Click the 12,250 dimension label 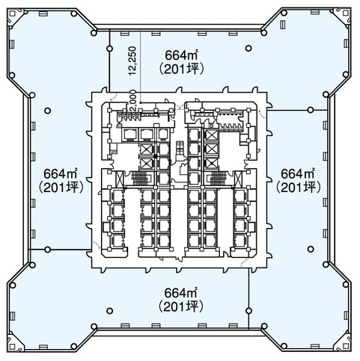pyautogui.click(x=132, y=61)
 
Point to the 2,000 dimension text pyautogui.click(x=132, y=100)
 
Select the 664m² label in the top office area pyautogui.click(x=182, y=55)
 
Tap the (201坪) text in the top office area pyautogui.click(x=182, y=69)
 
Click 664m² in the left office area pyautogui.click(x=61, y=173)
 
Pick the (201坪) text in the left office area pyautogui.click(x=61, y=188)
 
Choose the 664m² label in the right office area pyautogui.click(x=298, y=173)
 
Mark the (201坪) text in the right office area pyautogui.click(x=298, y=188)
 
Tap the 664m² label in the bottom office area pyautogui.click(x=181, y=293)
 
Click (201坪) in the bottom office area pyautogui.click(x=181, y=306)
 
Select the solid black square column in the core pyautogui.click(x=156, y=156)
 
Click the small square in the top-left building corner pyautogui.click(x=12, y=13)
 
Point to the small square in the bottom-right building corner pyautogui.click(x=346, y=346)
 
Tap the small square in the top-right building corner pyautogui.click(x=346, y=13)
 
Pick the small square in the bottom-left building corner pyautogui.click(x=12, y=346)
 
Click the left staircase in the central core pyautogui.click(x=140, y=178)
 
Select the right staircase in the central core pyautogui.click(x=218, y=178)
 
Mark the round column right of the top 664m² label pyautogui.click(x=248, y=49)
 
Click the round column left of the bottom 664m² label pyautogui.click(x=109, y=311)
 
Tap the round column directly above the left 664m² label pyautogui.click(x=48, y=111)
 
